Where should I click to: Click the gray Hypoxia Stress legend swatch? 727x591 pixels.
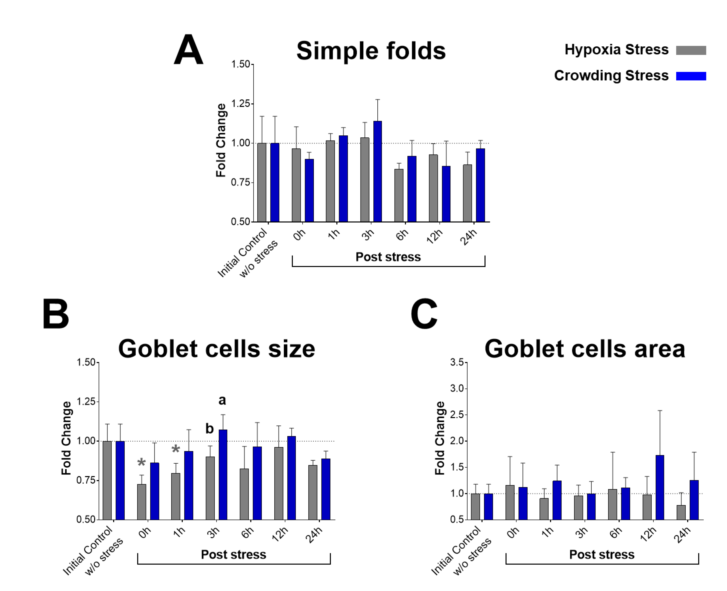691,50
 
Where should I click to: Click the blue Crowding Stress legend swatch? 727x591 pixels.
691,76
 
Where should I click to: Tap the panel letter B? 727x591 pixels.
56,313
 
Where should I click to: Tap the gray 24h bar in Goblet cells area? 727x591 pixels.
681,512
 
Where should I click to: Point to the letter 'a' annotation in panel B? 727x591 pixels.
222,400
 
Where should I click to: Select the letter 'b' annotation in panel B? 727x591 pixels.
209,429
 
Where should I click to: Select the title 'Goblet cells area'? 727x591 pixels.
585,349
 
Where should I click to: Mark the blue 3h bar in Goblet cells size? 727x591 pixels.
223,475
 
